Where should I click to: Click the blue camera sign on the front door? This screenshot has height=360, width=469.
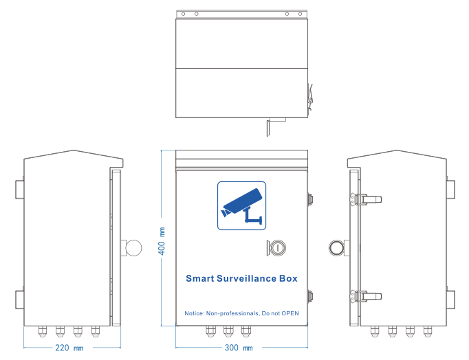[241, 205]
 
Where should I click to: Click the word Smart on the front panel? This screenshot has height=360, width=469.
[199, 279]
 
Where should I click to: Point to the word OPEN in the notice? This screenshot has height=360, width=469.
[291, 313]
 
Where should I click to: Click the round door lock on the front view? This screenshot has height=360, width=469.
[275, 247]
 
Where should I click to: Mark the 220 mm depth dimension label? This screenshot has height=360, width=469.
[69, 348]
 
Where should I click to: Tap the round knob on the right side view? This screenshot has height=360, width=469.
[337, 247]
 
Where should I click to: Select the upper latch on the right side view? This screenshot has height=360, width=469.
[367, 199]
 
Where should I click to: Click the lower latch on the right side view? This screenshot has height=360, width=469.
[367, 296]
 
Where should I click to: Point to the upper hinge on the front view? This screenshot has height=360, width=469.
[311, 199]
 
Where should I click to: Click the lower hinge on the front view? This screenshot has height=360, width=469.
[311, 296]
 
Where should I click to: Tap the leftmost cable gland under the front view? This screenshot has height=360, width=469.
[210, 331]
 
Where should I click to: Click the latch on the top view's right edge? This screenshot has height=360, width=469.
[310, 95]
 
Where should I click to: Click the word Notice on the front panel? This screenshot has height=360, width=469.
[194, 313]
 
